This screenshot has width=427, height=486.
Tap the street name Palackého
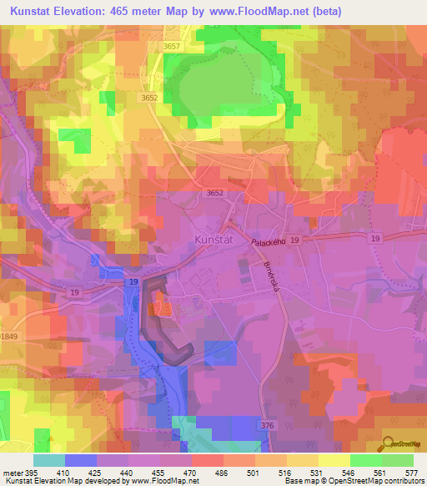[x=269, y=240]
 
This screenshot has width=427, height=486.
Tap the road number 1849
[x=8, y=336]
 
